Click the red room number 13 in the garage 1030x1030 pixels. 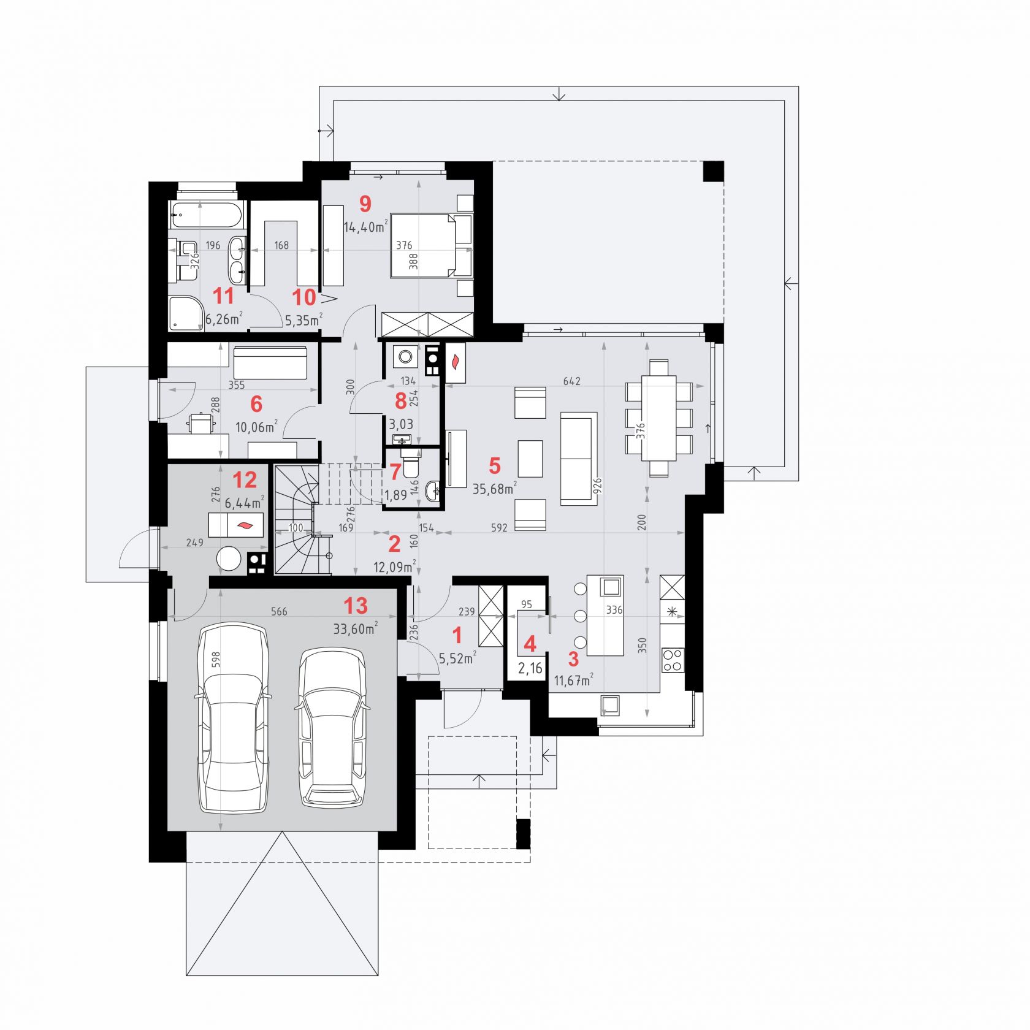pyautogui.click(x=356, y=605)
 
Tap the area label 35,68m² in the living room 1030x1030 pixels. pyautogui.click(x=495, y=488)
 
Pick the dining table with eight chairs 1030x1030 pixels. pyautogui.click(x=659, y=418)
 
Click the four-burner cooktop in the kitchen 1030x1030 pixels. pyautogui.click(x=673, y=660)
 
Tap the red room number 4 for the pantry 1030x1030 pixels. pyautogui.click(x=530, y=644)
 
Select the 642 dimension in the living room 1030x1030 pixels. pyautogui.click(x=571, y=381)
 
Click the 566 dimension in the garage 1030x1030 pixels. pyautogui.click(x=279, y=612)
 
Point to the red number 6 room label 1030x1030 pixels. pyautogui.click(x=256, y=404)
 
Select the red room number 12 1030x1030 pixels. pyautogui.click(x=244, y=480)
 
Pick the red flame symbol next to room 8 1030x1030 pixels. pyautogui.click(x=455, y=362)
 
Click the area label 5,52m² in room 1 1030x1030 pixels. pyautogui.click(x=457, y=658)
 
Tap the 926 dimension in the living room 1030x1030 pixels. pyautogui.click(x=598, y=486)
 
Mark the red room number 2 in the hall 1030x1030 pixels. pyautogui.click(x=394, y=544)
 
